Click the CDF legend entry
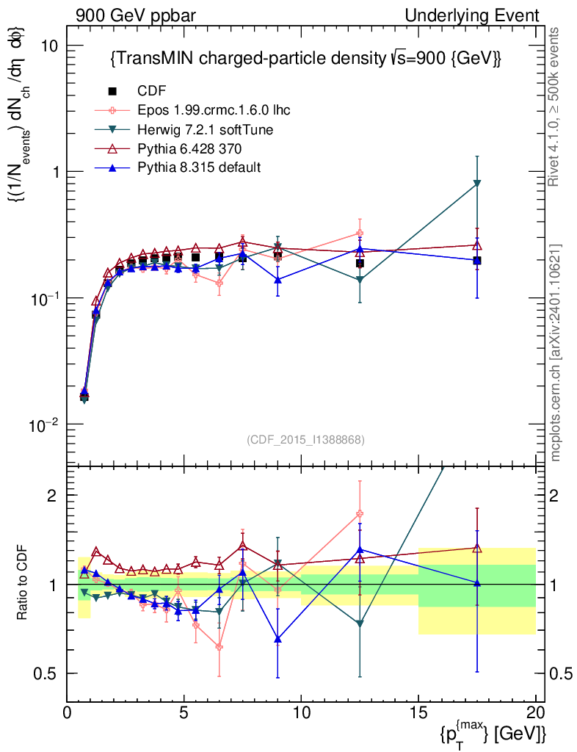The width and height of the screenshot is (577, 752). click(151, 91)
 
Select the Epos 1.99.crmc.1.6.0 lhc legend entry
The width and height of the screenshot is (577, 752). click(214, 110)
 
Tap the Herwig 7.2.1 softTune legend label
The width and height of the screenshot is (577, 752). click(206, 129)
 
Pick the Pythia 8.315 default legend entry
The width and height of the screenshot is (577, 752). click(199, 167)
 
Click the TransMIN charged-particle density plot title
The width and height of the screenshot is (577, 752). click(305, 58)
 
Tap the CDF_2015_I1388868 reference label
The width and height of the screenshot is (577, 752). click(305, 440)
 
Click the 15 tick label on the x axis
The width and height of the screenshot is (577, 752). click(418, 712)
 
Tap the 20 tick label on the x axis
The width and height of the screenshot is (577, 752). click(535, 712)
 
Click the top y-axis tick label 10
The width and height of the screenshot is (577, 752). click(48, 46)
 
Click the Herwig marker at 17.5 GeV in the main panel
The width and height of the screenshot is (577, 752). click(477, 184)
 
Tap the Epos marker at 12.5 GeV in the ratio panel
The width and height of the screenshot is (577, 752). click(360, 513)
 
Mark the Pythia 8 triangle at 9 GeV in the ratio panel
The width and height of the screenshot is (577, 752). click(277, 639)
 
